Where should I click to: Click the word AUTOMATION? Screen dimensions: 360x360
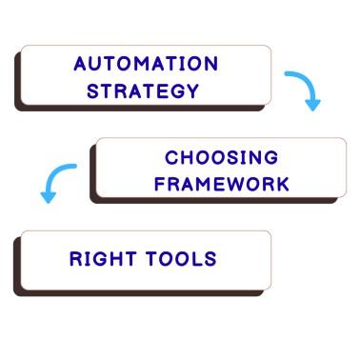tap(145, 65)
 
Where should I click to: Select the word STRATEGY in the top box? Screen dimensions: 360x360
tap(143, 91)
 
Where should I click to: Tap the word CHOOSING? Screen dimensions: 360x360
tap(221, 157)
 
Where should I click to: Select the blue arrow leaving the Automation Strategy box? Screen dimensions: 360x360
tap(304, 88)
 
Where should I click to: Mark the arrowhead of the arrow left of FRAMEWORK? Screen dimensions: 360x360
tap(46, 196)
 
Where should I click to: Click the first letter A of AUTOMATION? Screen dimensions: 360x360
tap(80, 65)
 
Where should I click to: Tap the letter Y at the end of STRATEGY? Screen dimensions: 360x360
tap(193, 91)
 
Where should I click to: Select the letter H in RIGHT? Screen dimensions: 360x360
tap(121, 258)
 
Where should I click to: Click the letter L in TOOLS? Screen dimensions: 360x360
tap(196, 258)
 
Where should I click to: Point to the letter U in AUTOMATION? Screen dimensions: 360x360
tap(96, 65)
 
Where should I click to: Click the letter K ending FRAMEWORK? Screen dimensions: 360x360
tap(282, 183)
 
